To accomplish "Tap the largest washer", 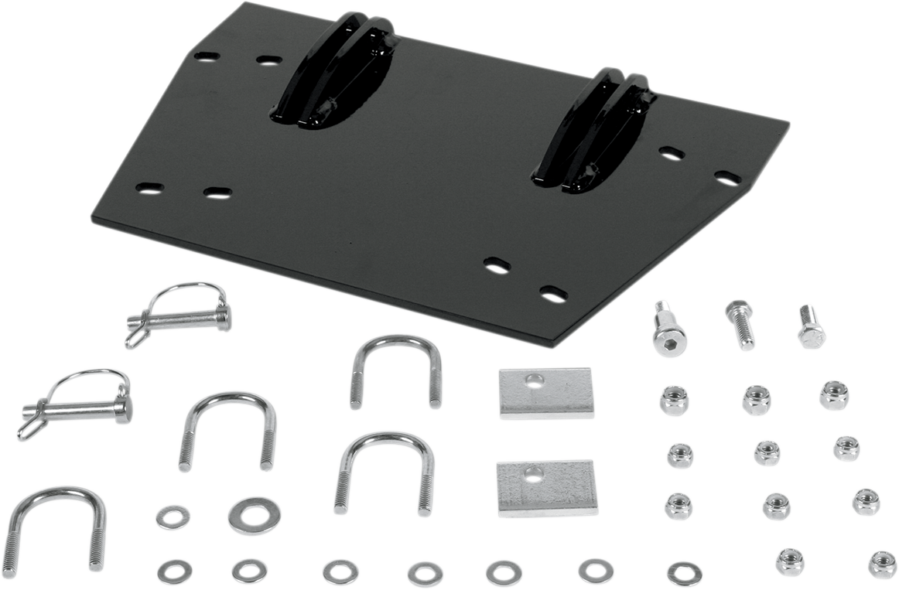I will tap(255, 516).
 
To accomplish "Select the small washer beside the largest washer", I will tap(173, 517).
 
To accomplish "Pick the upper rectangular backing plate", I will tap(545, 393).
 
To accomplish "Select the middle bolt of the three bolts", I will tap(740, 325).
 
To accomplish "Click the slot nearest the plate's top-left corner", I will tap(206, 56).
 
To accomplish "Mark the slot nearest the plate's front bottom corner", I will tap(552, 293).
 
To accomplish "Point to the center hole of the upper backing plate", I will tap(534, 379).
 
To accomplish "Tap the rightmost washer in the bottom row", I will tap(685, 573).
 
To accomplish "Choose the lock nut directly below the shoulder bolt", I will tap(674, 401).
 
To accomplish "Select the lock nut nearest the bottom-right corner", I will tap(882, 564).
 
